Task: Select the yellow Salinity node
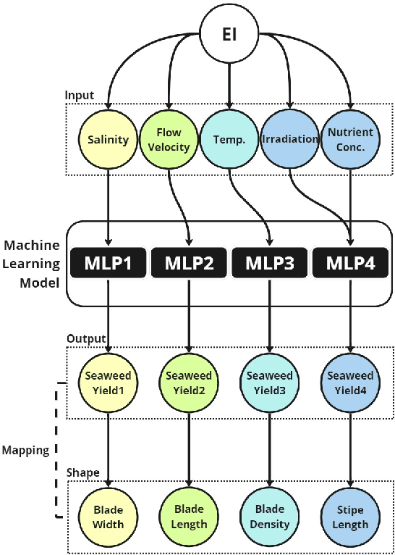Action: (109, 139)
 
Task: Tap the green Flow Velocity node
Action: (169, 139)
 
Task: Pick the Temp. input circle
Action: (230, 139)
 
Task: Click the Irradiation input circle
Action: (289, 139)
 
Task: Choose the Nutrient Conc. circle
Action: (350, 139)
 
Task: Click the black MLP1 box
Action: (109, 262)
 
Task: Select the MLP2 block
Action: (189, 262)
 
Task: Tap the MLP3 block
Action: (270, 262)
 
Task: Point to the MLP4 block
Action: (350, 262)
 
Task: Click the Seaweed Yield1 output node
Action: (109, 382)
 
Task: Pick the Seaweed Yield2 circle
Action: (189, 382)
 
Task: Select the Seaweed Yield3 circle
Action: (270, 382)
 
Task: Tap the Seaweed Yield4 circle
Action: (350, 382)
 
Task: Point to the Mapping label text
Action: (25, 450)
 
